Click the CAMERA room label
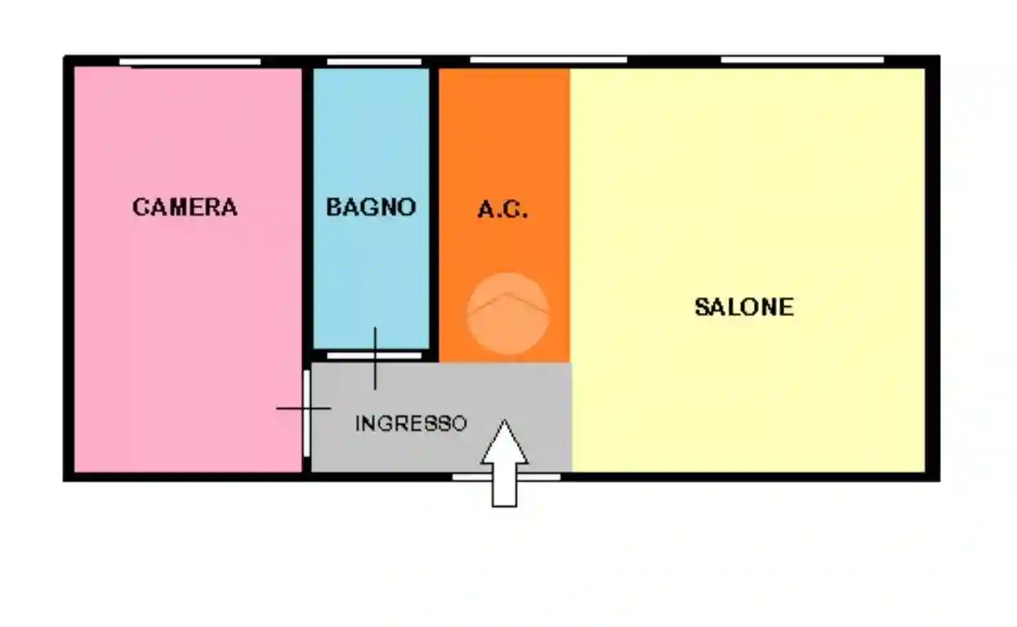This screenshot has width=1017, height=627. tap(185, 207)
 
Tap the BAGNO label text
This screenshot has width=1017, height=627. tap(371, 207)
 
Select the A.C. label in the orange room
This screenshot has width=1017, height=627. tap(502, 211)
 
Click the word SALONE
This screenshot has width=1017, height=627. tap(743, 307)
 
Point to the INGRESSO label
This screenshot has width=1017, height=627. tap(411, 424)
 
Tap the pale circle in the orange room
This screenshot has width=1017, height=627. tap(507, 313)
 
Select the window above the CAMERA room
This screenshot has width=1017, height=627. tap(190, 62)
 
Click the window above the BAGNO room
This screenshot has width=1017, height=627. tap(374, 62)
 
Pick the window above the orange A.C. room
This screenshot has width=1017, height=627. tap(548, 60)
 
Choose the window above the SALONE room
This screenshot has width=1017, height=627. tap(801, 60)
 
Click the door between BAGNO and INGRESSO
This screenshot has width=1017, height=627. tap(374, 356)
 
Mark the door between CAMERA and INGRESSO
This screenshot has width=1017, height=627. tap(306, 413)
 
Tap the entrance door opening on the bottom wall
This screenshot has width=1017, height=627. tap(506, 476)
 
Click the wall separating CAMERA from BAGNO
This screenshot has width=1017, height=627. tap(307, 204)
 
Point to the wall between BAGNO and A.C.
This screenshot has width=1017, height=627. tap(435, 204)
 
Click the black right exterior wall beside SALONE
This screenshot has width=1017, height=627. tap(932, 269)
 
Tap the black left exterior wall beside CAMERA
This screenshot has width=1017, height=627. tap(69, 269)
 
